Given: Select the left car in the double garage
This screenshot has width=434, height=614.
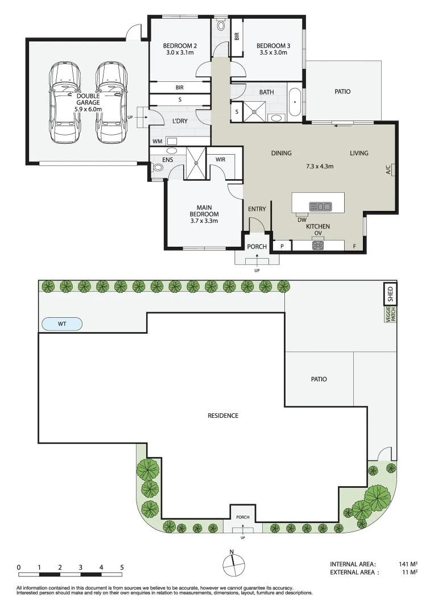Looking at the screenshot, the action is (x=65, y=103).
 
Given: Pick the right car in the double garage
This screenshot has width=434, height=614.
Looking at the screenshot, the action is (x=111, y=103).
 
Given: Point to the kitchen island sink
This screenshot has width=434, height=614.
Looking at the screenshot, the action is (x=320, y=206).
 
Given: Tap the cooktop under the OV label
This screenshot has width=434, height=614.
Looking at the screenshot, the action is (x=318, y=246).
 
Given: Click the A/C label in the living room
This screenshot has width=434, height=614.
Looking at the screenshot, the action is (x=388, y=169).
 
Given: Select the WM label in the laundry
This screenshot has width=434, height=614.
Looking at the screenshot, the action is (x=158, y=142).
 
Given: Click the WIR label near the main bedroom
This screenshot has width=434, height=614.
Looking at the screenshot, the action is (x=221, y=159).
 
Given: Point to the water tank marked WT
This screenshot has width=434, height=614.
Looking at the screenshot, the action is (x=62, y=324).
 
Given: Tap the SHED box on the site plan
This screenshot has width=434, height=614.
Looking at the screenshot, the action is (x=390, y=294).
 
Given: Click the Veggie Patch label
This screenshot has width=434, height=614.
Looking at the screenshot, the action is (x=391, y=314).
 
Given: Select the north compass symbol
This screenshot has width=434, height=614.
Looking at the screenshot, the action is (x=233, y=565).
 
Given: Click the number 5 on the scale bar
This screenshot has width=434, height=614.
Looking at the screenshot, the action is (x=122, y=567).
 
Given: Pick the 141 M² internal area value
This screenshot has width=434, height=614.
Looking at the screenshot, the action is (x=408, y=564).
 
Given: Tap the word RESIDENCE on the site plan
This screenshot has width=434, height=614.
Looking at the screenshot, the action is (x=223, y=416).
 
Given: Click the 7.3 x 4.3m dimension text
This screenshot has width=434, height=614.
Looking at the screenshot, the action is (x=320, y=166).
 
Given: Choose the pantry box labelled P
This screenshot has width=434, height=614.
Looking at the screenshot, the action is (x=282, y=246).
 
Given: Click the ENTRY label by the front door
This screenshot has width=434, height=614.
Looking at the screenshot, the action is (x=257, y=209).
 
